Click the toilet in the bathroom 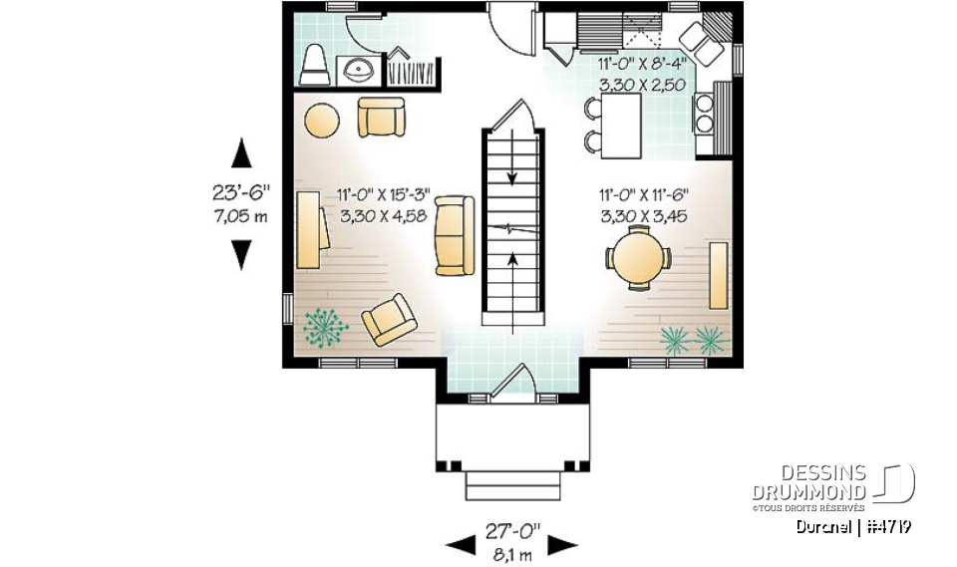(314, 67)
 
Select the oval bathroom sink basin (354, 70)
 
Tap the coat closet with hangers (408, 69)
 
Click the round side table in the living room (321, 121)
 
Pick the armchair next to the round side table (383, 118)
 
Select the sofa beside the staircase (455, 235)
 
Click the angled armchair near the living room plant (388, 320)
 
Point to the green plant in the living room (325, 328)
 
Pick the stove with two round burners (705, 113)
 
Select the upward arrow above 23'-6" (240, 154)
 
